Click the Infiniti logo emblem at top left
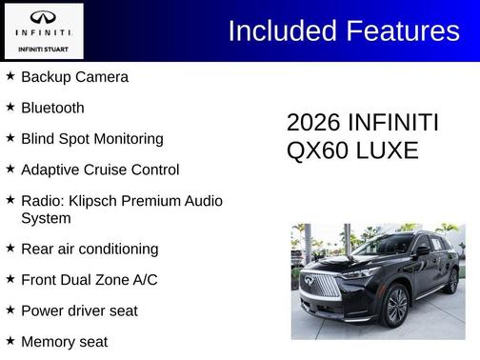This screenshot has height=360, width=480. click(43, 18)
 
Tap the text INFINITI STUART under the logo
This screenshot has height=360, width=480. click(43, 48)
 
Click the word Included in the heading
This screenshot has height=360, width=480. click(281, 30)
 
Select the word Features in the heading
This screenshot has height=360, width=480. click(400, 30)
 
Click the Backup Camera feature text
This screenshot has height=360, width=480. click(74, 77)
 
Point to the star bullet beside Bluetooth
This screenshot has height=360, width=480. click(10, 108)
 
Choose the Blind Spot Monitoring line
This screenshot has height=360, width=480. click(91, 139)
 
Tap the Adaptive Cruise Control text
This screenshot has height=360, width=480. click(99, 170)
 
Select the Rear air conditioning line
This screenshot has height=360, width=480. click(89, 249)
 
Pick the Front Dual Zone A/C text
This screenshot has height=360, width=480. click(89, 280)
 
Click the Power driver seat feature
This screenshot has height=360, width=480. click(79, 310)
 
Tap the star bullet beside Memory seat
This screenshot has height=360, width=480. click(10, 341)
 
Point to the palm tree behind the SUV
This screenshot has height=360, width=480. click(447, 231)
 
